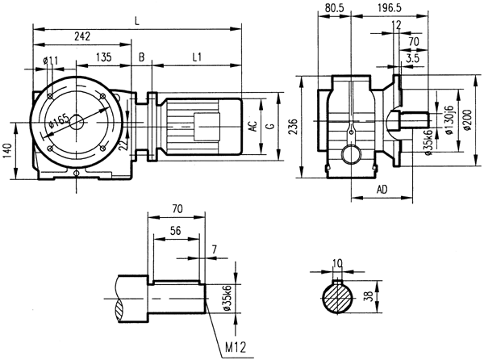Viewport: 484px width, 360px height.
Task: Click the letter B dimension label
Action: pos(141,57)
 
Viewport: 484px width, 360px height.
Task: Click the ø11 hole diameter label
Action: pos(48,59)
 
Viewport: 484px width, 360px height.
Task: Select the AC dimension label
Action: pos(252,127)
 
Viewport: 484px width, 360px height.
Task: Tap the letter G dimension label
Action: pos(272,127)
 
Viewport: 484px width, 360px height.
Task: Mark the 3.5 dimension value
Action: pos(413,58)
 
